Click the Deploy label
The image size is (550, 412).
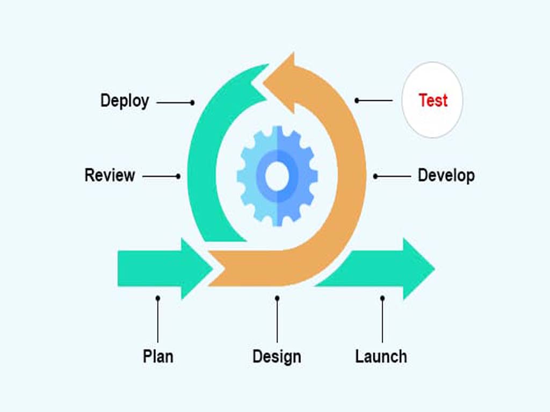point(125,100)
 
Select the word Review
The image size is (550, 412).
point(110,175)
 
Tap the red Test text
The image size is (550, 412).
point(433,100)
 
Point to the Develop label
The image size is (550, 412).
point(446,175)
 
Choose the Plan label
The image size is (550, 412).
point(158,356)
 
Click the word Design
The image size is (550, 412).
point(277,356)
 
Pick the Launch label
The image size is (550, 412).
point(381,356)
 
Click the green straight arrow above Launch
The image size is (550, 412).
point(387,268)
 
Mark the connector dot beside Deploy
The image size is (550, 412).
point(192,102)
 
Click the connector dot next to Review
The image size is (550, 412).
point(178,176)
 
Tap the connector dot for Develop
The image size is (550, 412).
point(375,176)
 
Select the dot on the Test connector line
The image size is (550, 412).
point(357,100)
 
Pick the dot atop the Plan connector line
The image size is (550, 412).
point(157,298)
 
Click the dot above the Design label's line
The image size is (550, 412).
point(277,298)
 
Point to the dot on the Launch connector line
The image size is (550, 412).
point(382,298)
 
